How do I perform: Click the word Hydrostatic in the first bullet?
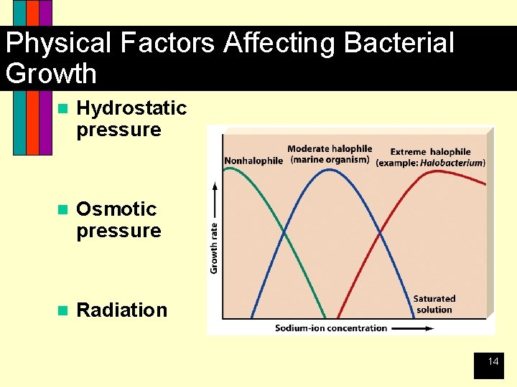131,108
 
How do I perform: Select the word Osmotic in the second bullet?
116,209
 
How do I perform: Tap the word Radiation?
121,310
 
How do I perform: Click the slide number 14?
493,362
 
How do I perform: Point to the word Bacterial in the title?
399,43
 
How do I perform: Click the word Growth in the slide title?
50,74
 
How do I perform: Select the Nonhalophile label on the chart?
253,161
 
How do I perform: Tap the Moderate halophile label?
329,149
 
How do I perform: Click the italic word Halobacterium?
452,163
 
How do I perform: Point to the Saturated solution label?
434,304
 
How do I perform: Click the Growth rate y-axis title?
214,247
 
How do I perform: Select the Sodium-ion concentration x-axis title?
331,328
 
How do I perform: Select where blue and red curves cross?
380,233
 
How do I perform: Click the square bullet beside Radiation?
62,310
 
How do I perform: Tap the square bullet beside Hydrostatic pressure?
62,108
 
